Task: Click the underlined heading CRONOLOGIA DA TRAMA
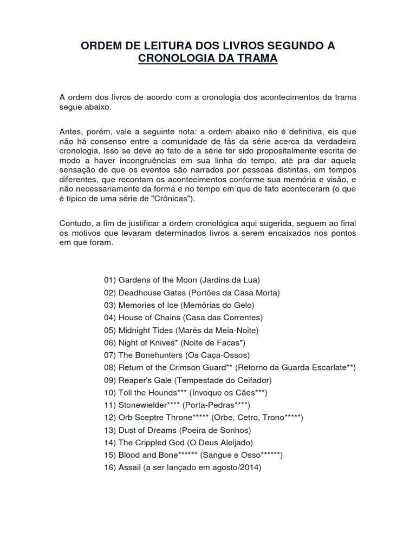click(208, 59)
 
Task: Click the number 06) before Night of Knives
click(110, 342)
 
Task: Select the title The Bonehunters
click(149, 355)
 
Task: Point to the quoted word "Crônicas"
click(174, 199)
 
